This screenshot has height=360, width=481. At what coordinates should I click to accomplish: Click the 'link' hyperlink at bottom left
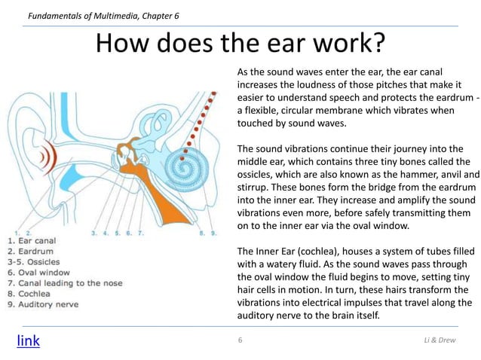click(x=28, y=340)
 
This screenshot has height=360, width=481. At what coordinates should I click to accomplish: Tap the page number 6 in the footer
click(x=240, y=341)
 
